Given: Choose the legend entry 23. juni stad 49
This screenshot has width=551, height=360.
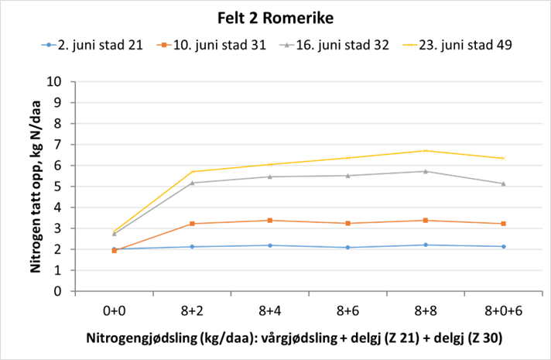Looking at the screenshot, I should point(453,46).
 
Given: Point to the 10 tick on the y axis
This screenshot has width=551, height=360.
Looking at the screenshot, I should point(56,81).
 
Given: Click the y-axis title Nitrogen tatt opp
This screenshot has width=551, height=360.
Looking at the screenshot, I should point(35,186).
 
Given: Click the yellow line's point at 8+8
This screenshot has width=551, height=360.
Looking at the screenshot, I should point(426,151).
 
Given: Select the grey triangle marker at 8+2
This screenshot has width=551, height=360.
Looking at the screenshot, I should point(192,183).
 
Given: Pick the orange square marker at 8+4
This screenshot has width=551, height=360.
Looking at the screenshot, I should point(269,221).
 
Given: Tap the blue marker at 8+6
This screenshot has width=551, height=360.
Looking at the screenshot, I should point(347,248).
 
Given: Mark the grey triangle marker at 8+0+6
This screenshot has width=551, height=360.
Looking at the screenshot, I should point(503,183).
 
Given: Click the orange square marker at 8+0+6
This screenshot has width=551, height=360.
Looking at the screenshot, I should point(503,224).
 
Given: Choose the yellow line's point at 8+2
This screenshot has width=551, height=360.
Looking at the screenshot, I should point(192,172).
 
